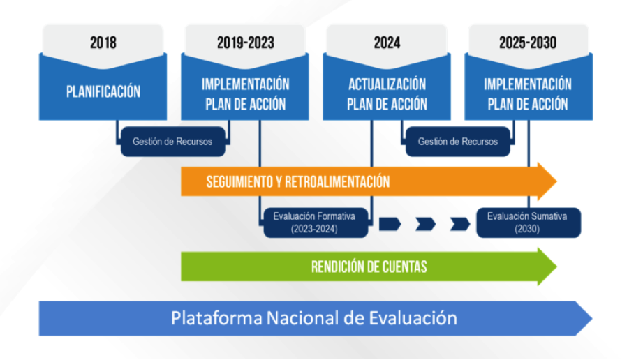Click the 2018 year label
pyautogui.click(x=103, y=43)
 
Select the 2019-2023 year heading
pyautogui.click(x=245, y=43)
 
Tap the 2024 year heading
pyautogui.click(x=387, y=43)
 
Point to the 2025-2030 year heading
pyautogui.click(x=528, y=43)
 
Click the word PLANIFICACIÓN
pyautogui.click(x=103, y=91)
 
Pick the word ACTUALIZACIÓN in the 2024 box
pyautogui.click(x=387, y=84)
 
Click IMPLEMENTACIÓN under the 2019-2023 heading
pyautogui.click(x=245, y=84)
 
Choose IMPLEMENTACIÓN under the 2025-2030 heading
pyautogui.click(x=528, y=84)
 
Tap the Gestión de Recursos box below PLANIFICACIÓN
pyautogui.click(x=172, y=142)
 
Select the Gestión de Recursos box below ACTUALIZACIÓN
pyautogui.click(x=458, y=142)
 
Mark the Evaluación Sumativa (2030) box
pyautogui.click(x=527, y=223)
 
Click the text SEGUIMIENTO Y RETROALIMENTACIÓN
pyautogui.click(x=297, y=182)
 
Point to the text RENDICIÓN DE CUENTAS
pyautogui.click(x=369, y=267)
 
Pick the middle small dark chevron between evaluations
pyautogui.click(x=424, y=223)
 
